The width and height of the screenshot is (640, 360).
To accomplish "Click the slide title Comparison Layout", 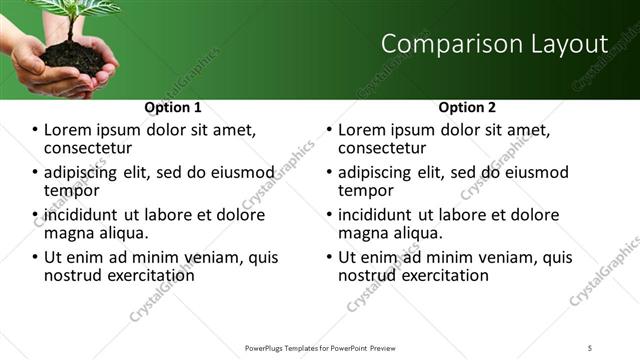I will point(494,44).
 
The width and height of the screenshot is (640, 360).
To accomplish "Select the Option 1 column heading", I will point(173,107).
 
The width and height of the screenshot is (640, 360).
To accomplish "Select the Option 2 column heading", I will point(467,107).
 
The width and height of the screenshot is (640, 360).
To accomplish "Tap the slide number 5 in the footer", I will point(590,347).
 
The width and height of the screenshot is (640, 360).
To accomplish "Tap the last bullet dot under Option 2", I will point(330,257).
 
